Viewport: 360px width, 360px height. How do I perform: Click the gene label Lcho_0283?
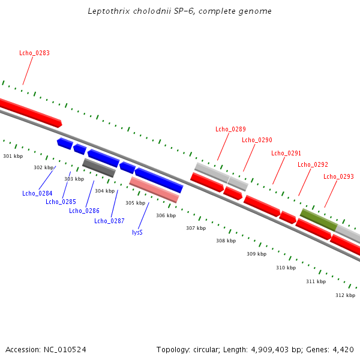[34, 53]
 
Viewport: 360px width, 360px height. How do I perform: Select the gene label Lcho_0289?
[230, 129]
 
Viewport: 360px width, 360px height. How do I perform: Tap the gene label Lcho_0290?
[257, 140]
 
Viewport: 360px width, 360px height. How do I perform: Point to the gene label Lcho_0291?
[286, 154]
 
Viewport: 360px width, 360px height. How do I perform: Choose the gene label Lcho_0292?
[313, 164]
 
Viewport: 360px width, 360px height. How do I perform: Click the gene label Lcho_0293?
[338, 176]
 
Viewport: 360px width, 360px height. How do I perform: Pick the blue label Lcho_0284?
[37, 193]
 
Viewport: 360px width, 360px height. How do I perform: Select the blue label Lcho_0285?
[61, 202]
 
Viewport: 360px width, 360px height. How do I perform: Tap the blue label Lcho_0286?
[84, 211]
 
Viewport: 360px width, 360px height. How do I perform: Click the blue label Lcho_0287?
[109, 221]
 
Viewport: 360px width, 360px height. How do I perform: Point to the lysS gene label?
[137, 232]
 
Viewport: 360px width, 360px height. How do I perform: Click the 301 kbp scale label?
[13, 156]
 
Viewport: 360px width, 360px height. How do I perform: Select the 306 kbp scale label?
[166, 215]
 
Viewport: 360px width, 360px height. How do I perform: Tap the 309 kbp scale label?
[256, 254]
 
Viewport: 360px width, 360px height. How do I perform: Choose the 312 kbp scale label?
[345, 295]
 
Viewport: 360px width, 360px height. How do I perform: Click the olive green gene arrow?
[319, 220]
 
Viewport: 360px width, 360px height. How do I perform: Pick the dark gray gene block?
[98, 167]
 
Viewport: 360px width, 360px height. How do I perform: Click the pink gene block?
[154, 189]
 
